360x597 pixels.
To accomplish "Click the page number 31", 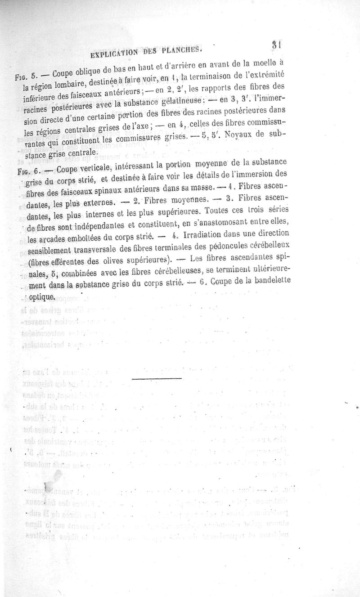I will coord(276,45).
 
